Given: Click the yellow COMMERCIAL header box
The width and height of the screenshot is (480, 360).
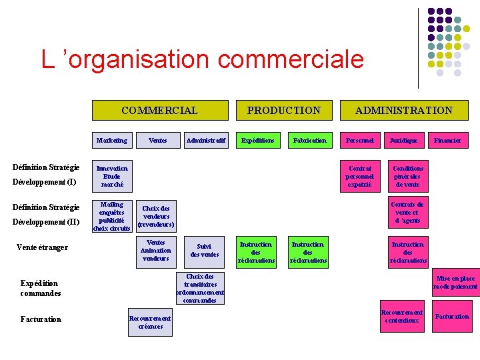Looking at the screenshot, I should (x=159, y=111).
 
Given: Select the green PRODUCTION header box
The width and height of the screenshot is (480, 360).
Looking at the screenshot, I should (x=283, y=111).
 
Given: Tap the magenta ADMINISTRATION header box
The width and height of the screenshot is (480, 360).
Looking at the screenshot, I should (x=403, y=111).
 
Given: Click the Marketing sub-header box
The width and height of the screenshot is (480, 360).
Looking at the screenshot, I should (x=111, y=141).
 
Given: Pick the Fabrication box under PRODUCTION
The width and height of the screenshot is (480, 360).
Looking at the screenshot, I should (x=310, y=141).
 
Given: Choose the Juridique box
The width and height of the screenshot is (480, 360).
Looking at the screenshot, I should (x=404, y=141).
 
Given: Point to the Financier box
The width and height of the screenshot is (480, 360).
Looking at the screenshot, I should (x=447, y=141).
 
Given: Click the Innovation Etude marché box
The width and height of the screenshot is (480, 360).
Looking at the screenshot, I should (x=111, y=176).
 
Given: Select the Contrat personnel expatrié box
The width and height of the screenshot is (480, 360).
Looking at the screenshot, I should (x=360, y=176).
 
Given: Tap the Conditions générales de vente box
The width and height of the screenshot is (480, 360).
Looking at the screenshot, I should (x=407, y=176).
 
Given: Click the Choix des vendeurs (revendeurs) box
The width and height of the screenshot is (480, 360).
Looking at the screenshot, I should (x=156, y=217).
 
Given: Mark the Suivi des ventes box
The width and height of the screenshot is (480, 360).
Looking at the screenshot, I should (x=204, y=250).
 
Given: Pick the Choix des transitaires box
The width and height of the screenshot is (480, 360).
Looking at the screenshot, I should (x=200, y=288).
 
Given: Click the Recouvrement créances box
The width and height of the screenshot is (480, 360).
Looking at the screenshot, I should (x=150, y=322).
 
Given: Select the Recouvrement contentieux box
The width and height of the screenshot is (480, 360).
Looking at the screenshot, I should (x=401, y=317).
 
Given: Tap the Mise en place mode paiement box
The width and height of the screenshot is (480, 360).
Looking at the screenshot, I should (x=455, y=283).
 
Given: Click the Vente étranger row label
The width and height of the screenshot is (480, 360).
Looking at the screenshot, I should (x=42, y=248).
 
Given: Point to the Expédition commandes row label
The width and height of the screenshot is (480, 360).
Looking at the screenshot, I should (x=40, y=288).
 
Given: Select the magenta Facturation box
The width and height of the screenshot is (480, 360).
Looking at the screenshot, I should (x=452, y=317).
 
